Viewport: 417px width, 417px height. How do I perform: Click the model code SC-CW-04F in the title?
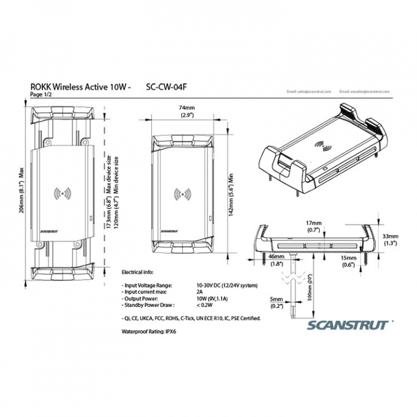tap(166, 87)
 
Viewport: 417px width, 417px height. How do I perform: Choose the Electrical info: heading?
tap(138, 271)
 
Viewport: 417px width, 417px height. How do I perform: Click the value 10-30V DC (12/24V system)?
tap(226, 286)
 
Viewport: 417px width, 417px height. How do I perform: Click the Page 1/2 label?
tap(40, 94)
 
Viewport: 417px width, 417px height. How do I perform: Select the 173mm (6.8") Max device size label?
tap(108, 193)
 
